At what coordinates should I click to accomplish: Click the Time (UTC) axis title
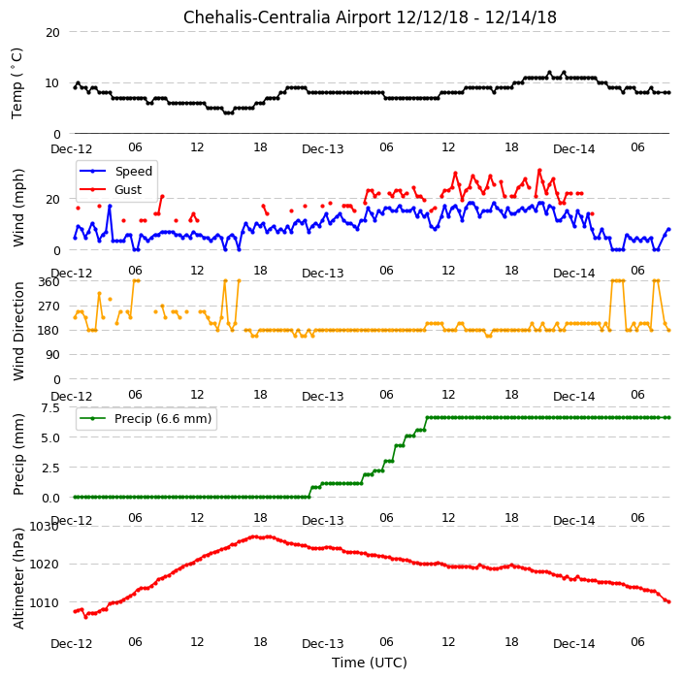pos(370,663)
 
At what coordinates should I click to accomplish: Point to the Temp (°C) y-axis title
pos(16,83)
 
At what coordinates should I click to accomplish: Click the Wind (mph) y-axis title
pos(18,208)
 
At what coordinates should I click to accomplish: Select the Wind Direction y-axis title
pos(18,332)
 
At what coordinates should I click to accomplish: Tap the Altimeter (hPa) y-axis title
pos(18,578)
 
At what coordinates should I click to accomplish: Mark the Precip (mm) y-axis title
pos(18,454)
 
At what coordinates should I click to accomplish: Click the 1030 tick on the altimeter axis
pos(44,527)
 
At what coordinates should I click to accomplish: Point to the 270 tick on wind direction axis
pos(49,307)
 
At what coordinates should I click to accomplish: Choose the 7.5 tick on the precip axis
pos(50,408)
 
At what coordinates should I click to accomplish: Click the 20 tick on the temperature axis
pos(52,33)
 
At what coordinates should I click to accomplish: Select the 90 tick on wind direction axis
pos(52,355)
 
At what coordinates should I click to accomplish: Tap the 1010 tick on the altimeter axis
pos(44,602)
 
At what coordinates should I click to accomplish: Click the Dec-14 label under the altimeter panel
pos(573,644)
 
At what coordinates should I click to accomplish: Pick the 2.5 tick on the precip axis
pos(50,469)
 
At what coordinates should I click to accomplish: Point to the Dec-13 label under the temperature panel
pos(323,149)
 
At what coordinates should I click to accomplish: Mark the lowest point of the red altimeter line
pos(85,617)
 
